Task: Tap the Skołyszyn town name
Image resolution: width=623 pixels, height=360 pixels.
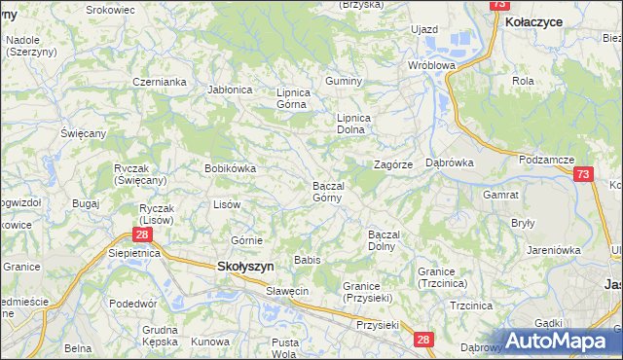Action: pyautogui.click(x=243, y=266)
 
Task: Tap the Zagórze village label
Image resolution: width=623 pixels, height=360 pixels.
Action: pyautogui.click(x=394, y=164)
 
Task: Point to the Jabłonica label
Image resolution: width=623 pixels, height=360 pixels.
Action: pyautogui.click(x=231, y=90)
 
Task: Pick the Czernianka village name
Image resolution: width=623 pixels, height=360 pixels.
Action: pyautogui.click(x=160, y=82)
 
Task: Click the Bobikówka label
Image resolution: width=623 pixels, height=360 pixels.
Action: pyautogui.click(x=230, y=168)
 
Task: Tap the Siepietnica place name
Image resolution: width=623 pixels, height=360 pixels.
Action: pyautogui.click(x=134, y=252)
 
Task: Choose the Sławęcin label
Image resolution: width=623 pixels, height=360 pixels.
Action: pyautogui.click(x=287, y=291)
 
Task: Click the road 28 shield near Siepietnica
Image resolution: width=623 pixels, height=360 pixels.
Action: pyautogui.click(x=143, y=234)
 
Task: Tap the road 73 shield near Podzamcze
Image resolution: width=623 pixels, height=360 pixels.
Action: pyautogui.click(x=583, y=174)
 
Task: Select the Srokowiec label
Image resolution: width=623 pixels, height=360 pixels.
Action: pyautogui.click(x=110, y=9)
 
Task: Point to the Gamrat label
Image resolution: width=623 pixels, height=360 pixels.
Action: pyautogui.click(x=500, y=195)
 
